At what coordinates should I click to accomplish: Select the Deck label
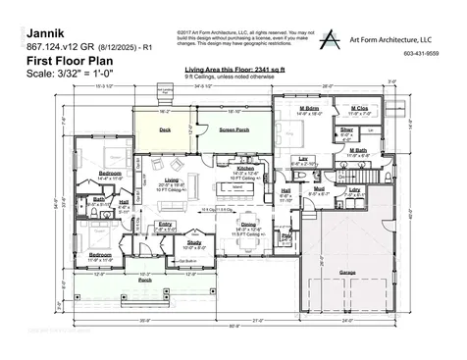pyautogui.click(x=165, y=129)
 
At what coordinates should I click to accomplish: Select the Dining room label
pyautogui.click(x=247, y=225)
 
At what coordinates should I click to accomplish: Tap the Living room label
pyautogui.click(x=171, y=180)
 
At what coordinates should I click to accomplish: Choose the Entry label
pyautogui.click(x=165, y=224)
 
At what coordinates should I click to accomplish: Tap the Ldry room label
pyautogui.click(x=354, y=188)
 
